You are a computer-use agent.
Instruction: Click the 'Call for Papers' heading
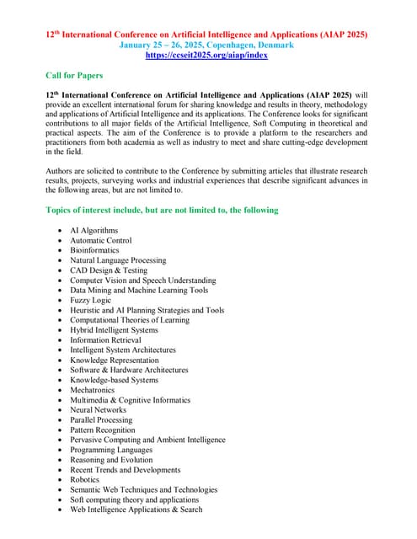[74, 75]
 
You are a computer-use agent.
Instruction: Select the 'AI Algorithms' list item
[94, 230]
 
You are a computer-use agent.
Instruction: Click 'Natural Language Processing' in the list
[118, 260]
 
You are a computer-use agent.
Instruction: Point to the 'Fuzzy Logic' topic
[90, 300]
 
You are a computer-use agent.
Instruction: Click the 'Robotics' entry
[84, 479]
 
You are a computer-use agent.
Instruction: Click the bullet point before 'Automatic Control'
[58, 241]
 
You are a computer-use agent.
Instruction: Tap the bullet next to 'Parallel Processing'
[58, 420]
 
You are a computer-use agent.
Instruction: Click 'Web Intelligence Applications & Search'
[136, 509]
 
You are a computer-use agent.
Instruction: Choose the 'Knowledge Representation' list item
[114, 360]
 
